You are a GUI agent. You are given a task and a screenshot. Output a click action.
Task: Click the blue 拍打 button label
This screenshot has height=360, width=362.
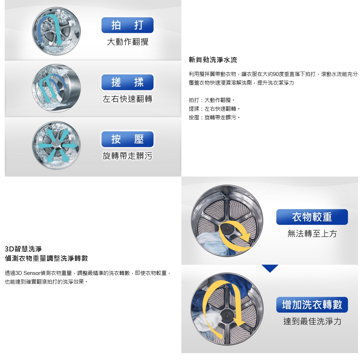(127, 25)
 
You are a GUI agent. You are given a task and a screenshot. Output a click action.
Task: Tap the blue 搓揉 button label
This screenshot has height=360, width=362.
(127, 82)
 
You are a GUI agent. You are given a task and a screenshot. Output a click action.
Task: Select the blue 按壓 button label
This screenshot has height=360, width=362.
(127, 139)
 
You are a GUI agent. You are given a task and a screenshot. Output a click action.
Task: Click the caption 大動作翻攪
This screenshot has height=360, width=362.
(128, 42)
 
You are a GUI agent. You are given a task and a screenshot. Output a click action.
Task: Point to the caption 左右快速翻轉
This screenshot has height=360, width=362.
(128, 99)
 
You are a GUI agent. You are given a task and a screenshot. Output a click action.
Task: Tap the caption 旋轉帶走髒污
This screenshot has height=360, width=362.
(128, 156)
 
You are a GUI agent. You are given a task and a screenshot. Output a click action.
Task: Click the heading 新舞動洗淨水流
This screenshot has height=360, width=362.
(213, 60)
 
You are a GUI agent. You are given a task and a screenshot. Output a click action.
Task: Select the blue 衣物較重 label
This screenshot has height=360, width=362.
(312, 217)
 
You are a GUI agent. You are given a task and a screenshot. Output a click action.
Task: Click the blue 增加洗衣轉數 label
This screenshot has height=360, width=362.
(312, 305)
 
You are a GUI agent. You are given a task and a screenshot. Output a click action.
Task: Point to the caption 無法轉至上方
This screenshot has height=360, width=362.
(312, 233)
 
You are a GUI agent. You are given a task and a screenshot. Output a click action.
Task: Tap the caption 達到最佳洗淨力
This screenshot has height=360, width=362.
(312, 321)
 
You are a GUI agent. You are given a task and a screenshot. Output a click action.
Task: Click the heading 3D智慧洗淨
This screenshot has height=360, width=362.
(23, 249)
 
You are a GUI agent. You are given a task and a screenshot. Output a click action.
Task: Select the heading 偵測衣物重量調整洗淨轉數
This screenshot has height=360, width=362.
(46, 258)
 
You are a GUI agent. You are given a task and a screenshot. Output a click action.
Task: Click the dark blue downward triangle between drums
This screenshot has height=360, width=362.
(270, 268)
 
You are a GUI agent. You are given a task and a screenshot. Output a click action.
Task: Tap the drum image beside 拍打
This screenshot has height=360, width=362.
(56, 31)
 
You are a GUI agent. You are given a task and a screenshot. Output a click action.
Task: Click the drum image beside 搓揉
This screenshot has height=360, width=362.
(56, 88)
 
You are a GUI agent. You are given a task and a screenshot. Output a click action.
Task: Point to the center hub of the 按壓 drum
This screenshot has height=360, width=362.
(56, 145)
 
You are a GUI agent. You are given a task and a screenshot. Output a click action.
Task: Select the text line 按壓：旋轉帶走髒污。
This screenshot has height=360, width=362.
(214, 118)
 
